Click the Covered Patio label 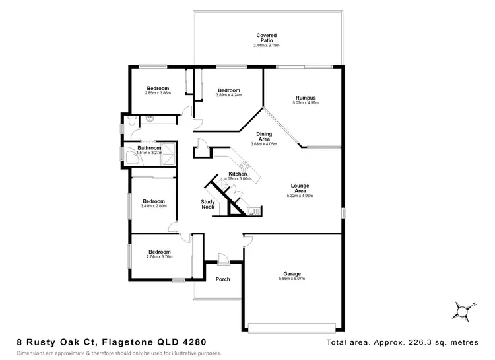tap(267, 38)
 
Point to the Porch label tap(223, 279)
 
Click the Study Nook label tap(209, 205)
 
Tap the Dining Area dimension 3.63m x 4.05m tap(263, 143)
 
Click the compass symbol tap(465, 310)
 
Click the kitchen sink tap(251, 211)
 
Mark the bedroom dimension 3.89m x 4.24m tap(228, 95)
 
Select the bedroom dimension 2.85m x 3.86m tap(158, 93)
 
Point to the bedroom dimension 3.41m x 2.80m tap(154, 206)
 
